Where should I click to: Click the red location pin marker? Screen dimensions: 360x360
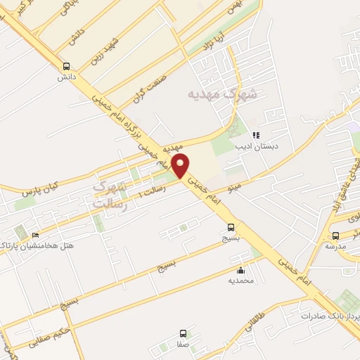click(x=181, y=166)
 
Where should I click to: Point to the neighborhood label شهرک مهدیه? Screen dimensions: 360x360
click(x=222, y=94)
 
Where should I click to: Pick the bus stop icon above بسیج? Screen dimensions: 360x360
click(x=231, y=227)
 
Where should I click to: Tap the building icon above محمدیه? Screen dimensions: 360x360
click(x=241, y=270)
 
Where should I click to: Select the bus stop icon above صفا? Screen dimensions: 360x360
click(x=184, y=333)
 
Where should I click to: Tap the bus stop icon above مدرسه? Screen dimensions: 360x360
click(x=335, y=236)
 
